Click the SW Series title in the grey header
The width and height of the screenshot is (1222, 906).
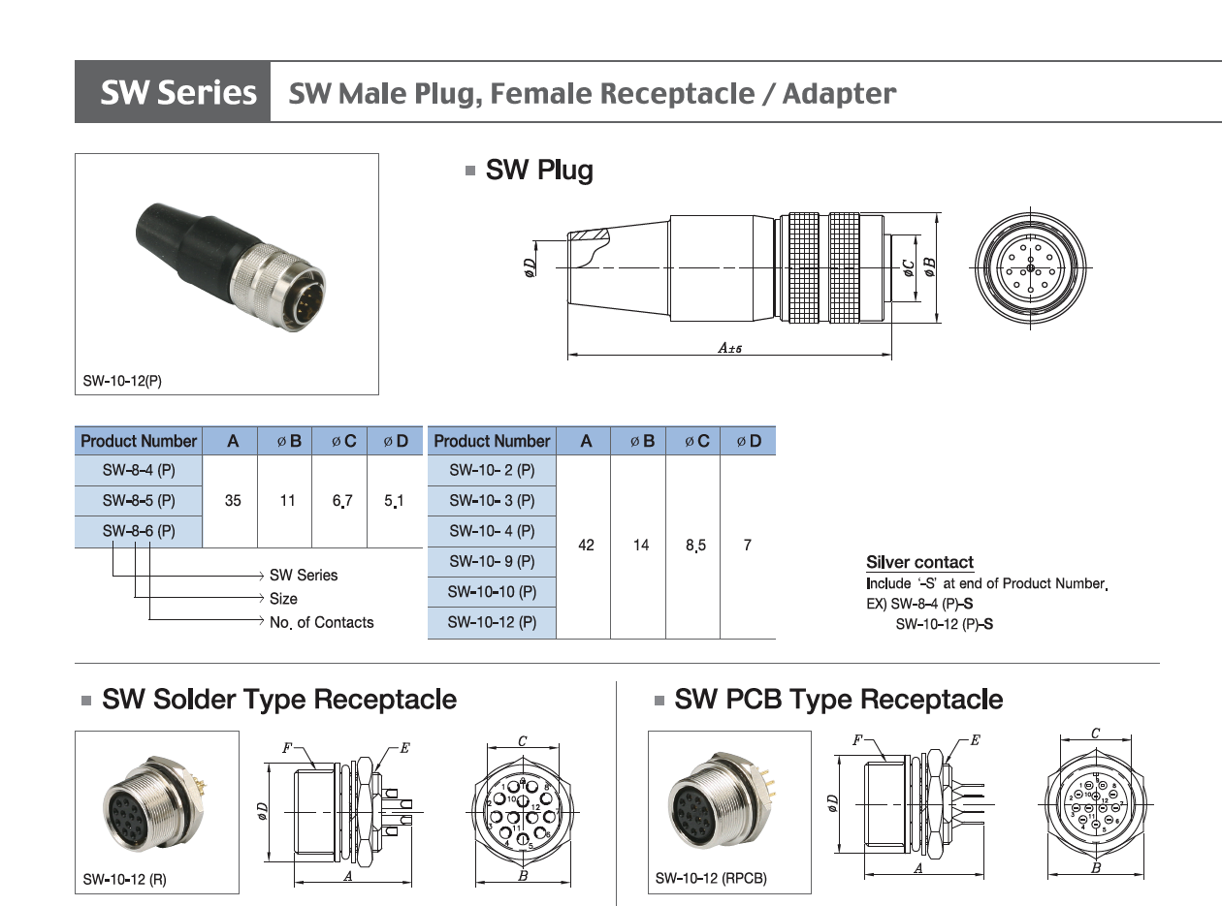tap(177, 93)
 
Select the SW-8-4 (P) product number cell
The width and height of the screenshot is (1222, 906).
tap(139, 471)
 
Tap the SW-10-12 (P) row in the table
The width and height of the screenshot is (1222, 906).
tap(492, 622)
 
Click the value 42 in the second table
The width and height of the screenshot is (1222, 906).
tap(586, 546)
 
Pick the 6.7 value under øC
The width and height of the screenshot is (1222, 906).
tap(342, 501)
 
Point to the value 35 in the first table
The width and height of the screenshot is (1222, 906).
tap(233, 501)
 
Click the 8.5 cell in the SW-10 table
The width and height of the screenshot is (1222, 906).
tap(695, 546)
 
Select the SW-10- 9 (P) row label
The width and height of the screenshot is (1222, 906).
tap(492, 561)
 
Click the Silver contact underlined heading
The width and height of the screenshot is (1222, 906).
tap(919, 563)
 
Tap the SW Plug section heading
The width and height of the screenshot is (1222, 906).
tap(539, 171)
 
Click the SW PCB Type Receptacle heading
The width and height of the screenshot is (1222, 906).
tap(838, 699)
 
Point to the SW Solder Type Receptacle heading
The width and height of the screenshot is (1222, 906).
tap(279, 699)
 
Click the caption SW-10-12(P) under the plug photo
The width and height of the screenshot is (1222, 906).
tap(122, 381)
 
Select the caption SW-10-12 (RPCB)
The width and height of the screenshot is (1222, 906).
tap(711, 879)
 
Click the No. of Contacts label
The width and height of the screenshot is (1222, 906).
tap(321, 622)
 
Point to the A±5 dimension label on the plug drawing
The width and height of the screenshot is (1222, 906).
tap(729, 347)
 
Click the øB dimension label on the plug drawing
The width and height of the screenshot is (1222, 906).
tap(929, 267)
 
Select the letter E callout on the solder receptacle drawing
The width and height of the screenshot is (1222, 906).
tap(404, 747)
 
